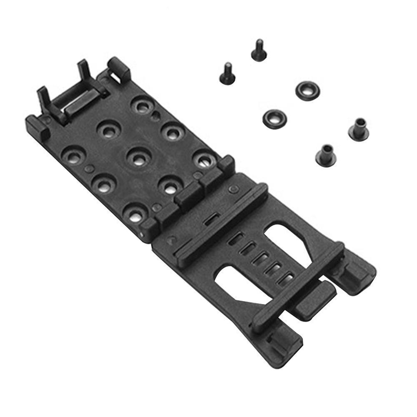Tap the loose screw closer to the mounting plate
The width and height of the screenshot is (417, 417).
pos(227,74)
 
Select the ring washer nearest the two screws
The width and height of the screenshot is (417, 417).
pos(307,90)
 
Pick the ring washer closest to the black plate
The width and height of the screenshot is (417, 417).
pos(274,118)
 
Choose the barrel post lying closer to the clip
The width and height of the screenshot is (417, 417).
pos(326,155)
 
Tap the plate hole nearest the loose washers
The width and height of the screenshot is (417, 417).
pos(204,160)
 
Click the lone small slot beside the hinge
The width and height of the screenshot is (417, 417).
pos(211,219)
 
